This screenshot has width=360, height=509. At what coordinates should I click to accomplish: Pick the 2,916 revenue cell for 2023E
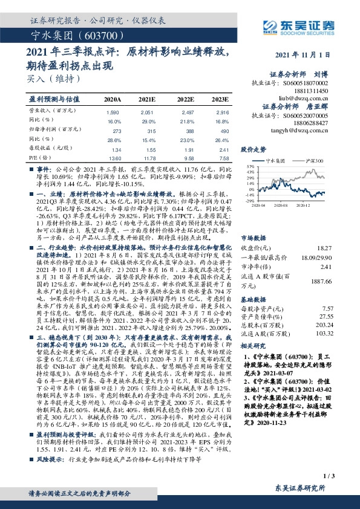223,112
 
